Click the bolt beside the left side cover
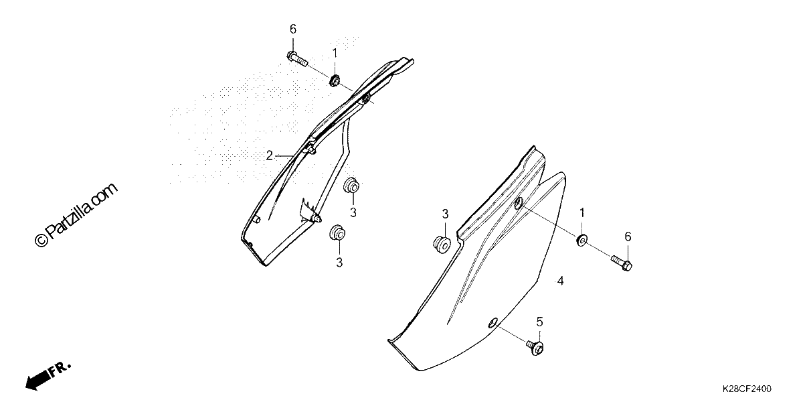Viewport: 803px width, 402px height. [297, 60]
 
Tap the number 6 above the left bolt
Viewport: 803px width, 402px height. [293, 29]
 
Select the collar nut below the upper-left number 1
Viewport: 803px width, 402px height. [335, 80]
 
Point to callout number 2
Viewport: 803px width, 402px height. [269, 155]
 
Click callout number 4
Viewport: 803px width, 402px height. [560, 281]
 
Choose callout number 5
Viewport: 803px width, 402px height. [539, 322]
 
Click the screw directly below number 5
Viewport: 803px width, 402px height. [535, 348]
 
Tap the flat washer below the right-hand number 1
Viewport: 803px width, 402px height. [582, 240]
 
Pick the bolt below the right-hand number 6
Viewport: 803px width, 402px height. [621, 263]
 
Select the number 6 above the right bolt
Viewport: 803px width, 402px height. [628, 237]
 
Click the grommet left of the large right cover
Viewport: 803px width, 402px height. [442, 245]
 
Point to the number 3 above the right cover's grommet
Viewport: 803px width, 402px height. [445, 214]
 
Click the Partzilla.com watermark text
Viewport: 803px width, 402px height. [76, 215]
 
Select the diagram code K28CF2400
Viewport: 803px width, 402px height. [747, 389]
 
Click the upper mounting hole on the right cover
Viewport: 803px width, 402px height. [519, 204]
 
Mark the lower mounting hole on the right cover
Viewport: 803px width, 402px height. [493, 323]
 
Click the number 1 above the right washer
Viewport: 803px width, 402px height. [582, 213]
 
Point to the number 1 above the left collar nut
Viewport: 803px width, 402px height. [335, 54]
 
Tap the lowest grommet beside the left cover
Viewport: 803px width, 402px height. [337, 233]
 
